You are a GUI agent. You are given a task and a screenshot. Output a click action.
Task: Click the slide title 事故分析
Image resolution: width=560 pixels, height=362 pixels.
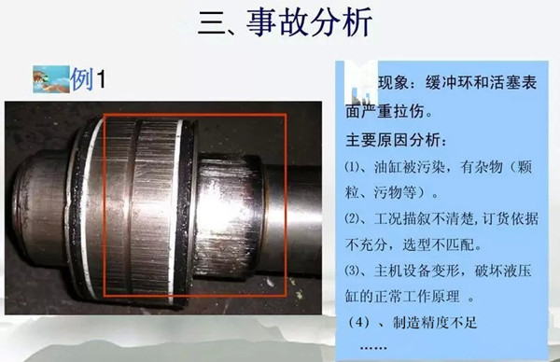click(309, 22)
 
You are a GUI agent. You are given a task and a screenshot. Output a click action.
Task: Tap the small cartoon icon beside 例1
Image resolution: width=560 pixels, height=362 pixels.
click(51, 79)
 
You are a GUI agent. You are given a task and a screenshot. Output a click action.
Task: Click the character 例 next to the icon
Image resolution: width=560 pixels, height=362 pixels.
click(82, 79)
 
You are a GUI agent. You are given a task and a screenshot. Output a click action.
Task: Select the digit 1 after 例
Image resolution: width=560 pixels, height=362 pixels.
click(101, 79)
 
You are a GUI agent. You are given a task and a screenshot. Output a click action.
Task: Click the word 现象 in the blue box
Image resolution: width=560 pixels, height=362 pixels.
click(393, 83)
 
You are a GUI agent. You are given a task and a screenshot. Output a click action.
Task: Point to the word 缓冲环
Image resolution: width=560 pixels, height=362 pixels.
click(449, 83)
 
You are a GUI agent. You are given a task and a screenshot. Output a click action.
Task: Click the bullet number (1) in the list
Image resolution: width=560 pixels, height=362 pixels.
click(353, 167)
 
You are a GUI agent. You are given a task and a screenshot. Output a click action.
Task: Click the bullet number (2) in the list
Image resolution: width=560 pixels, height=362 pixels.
click(353, 218)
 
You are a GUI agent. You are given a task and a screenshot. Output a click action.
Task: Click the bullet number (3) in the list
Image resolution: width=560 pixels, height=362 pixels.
click(353, 271)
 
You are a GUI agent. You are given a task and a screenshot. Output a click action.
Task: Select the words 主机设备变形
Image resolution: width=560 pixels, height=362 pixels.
click(417, 271)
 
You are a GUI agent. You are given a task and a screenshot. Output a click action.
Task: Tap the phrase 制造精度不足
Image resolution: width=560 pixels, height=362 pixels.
click(435, 323)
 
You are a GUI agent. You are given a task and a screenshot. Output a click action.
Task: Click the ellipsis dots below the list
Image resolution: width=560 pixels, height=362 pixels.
click(373, 347)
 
